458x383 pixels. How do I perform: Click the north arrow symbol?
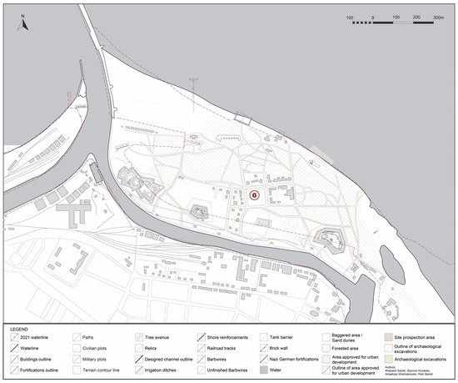[24, 23]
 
